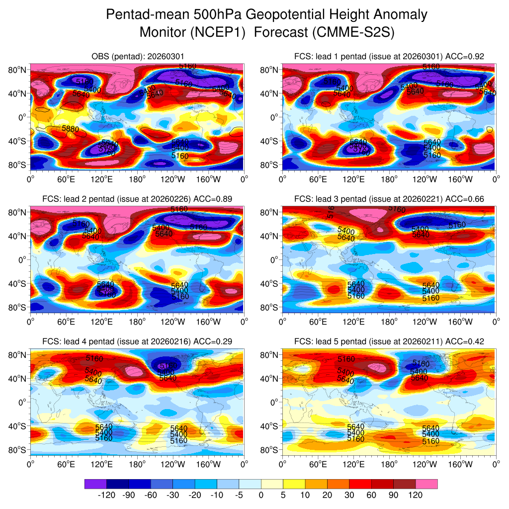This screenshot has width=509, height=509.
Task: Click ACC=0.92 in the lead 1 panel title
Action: pos(465,56)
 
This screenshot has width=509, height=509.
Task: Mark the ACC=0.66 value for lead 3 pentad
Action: pos(465,199)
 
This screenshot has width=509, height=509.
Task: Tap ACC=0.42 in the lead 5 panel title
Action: pos(465,341)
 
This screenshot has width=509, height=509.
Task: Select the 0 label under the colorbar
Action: pos(261,495)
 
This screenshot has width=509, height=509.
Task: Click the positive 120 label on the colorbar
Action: pos(416,495)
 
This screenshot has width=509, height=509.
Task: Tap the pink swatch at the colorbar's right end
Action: pos(426,484)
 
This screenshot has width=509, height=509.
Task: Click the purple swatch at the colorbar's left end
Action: pos(95,484)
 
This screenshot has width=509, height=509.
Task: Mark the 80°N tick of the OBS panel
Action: pos(17,70)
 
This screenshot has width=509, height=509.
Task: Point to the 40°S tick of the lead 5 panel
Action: pos(270,426)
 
